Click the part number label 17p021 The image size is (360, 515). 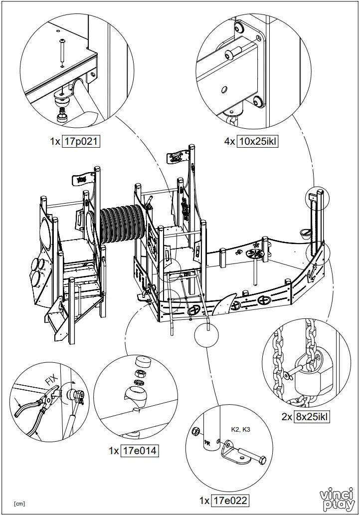[81, 142]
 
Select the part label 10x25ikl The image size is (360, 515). [258, 142]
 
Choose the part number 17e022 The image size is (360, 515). [230, 501]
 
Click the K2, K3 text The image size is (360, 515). [240, 429]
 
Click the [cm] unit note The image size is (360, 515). [20, 503]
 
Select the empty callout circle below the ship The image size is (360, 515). [207, 334]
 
